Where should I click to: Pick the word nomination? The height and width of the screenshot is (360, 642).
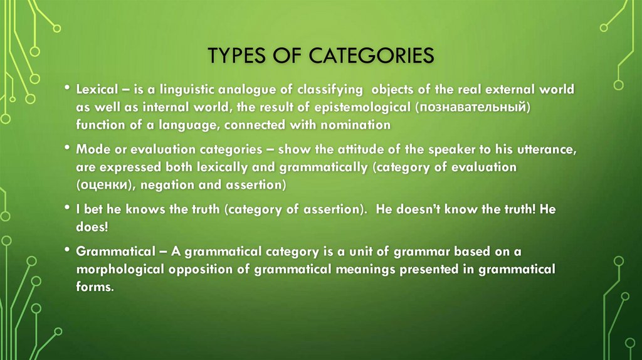[x=356, y=125]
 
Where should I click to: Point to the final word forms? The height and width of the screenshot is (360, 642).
[x=95, y=287]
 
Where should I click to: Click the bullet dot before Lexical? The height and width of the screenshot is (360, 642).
[x=67, y=88]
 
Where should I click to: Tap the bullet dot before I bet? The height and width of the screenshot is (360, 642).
[x=67, y=208]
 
